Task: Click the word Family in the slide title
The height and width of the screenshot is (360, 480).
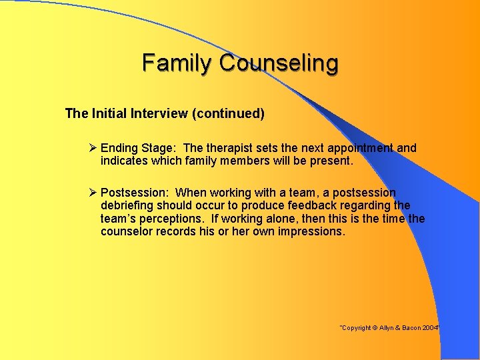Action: (x=178, y=63)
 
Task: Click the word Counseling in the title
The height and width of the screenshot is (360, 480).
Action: (x=279, y=63)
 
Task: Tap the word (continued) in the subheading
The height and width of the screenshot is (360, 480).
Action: (x=228, y=113)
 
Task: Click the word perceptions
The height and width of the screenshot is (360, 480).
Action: (x=177, y=219)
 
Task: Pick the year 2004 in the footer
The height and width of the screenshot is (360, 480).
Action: (x=430, y=329)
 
